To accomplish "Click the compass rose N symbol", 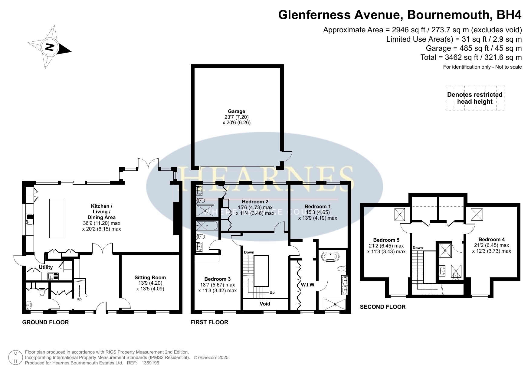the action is [50, 47].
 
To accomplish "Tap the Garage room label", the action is [236, 111].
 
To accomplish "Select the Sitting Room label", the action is [150, 277].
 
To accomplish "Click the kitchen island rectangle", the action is [57, 218].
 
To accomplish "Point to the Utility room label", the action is [46, 267].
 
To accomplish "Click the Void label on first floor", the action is [265, 304].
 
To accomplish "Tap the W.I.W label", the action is [308, 285].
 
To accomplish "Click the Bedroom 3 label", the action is [218, 279].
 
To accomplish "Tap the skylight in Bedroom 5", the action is [400, 215].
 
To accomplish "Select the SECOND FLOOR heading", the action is [383, 307].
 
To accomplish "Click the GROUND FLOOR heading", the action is [46, 322].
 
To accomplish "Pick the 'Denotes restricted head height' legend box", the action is [475, 98].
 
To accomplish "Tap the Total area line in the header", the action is [471, 57].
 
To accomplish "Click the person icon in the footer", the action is [16, 358].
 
